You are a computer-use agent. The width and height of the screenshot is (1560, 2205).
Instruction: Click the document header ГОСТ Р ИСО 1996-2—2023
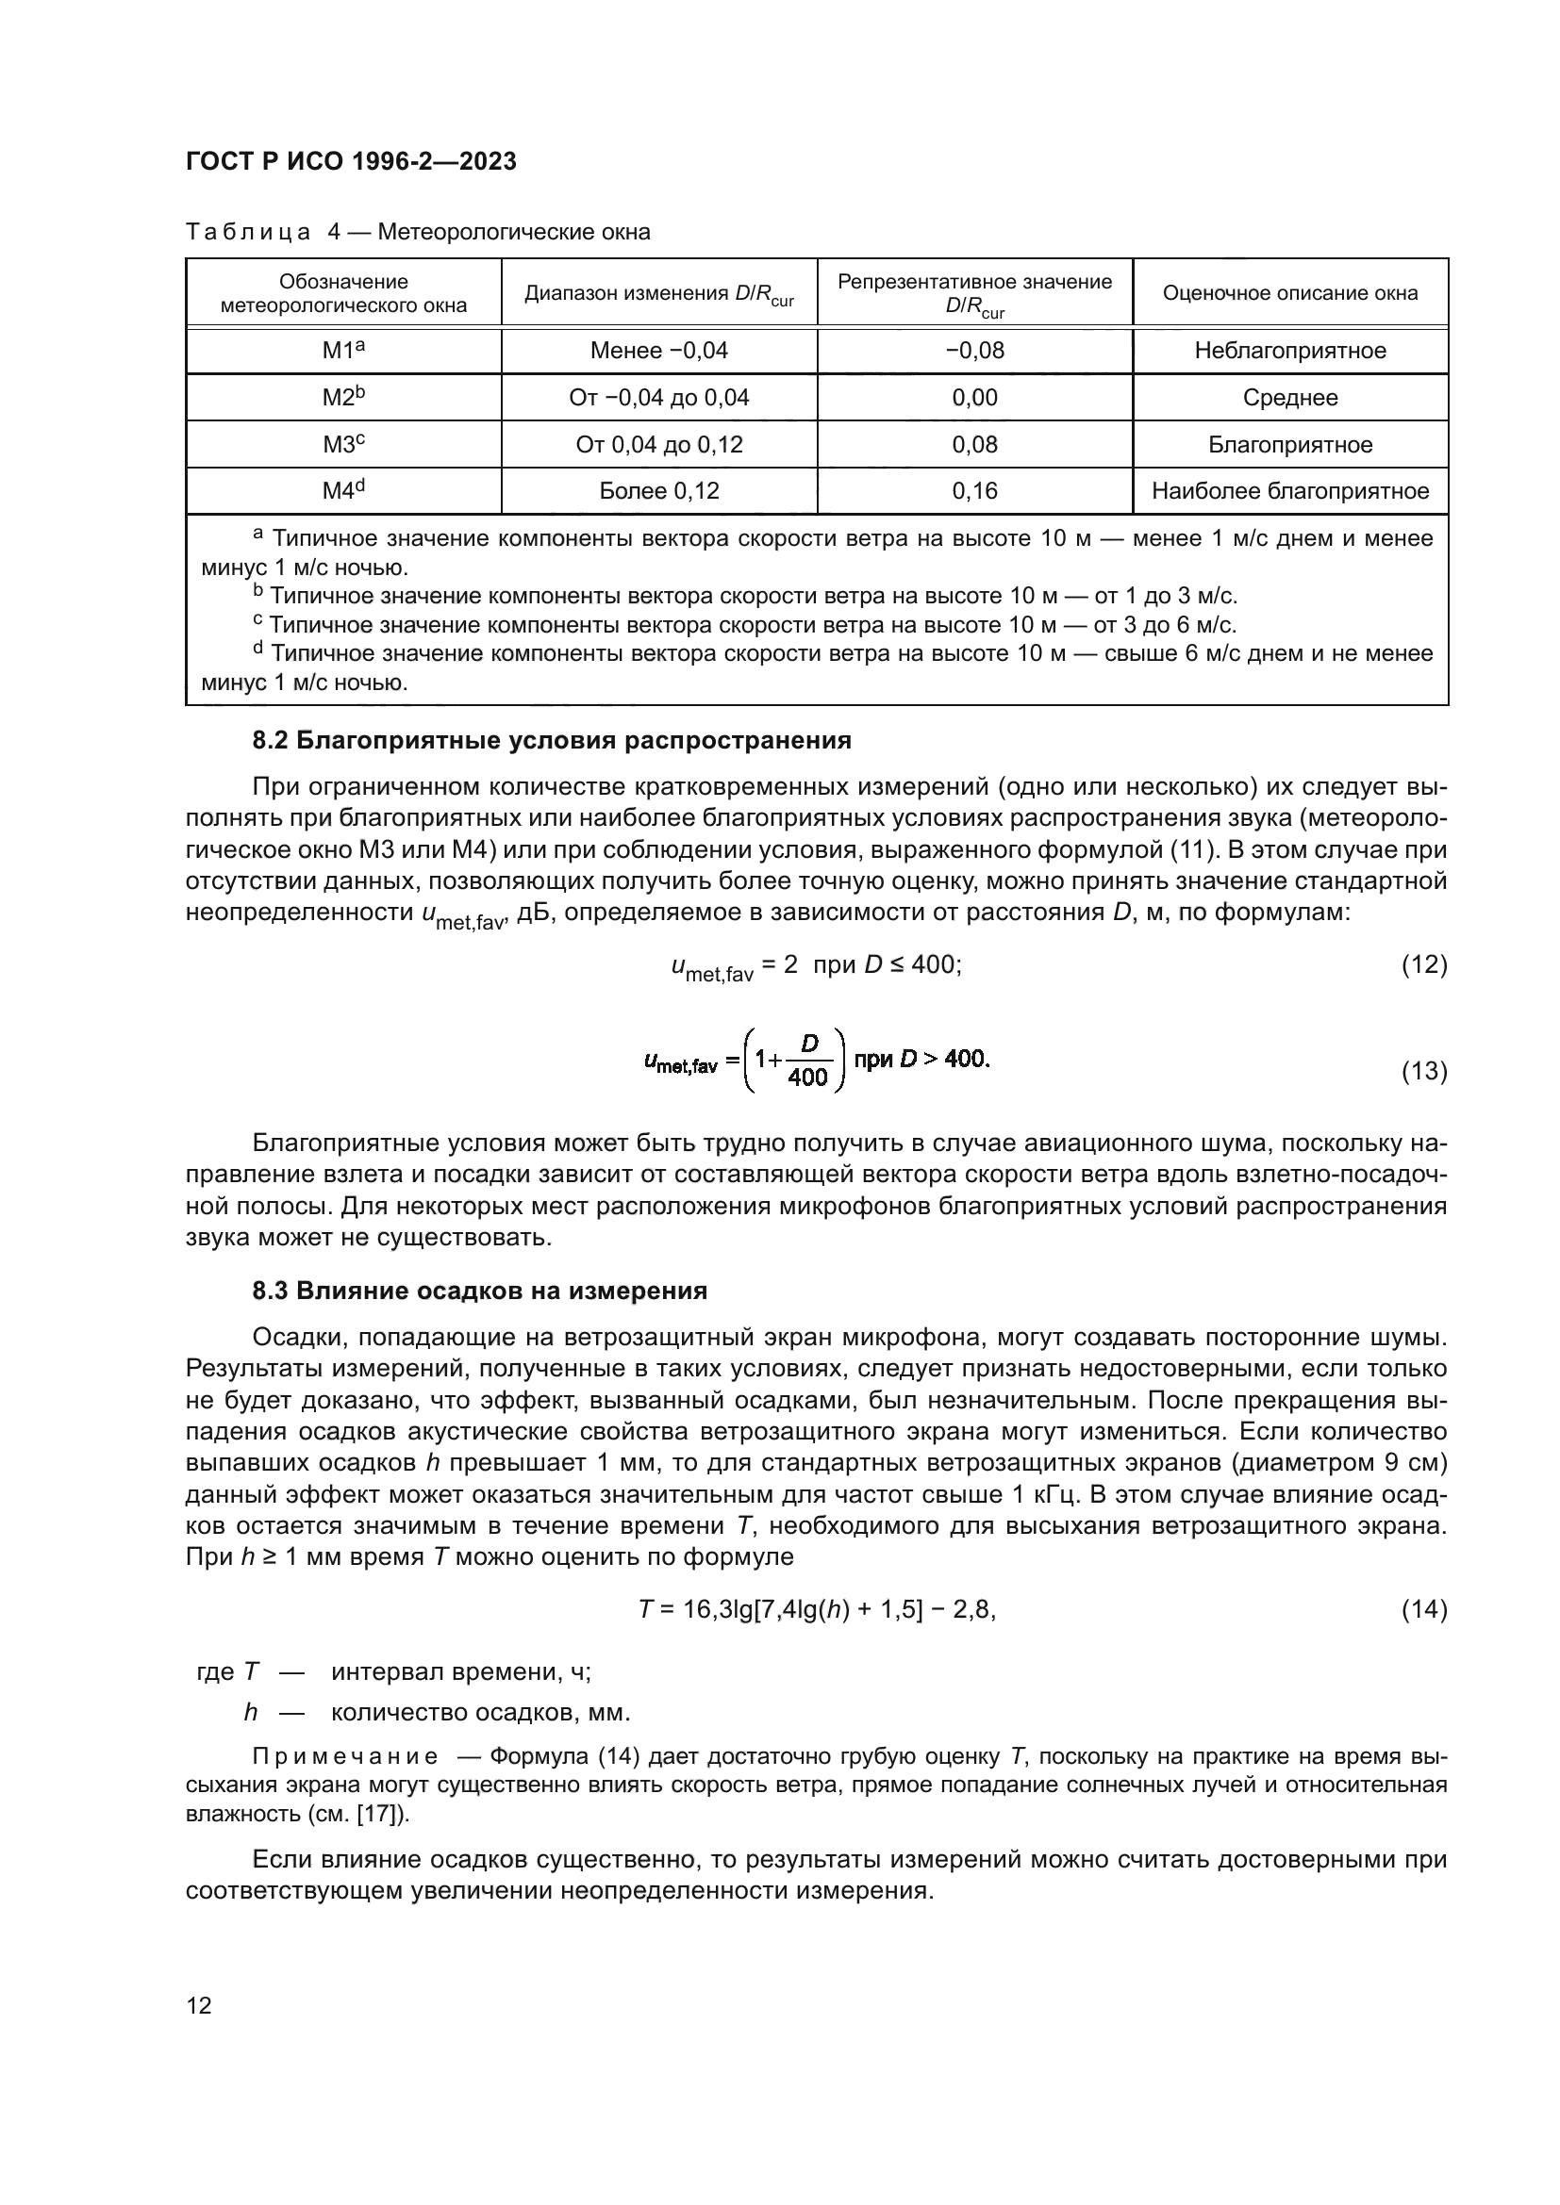[351, 161]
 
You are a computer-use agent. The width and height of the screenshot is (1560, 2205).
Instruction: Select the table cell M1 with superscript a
[343, 351]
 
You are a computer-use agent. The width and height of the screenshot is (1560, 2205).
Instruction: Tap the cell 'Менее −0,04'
[659, 351]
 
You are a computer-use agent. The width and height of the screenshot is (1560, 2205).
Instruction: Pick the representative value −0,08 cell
[974, 351]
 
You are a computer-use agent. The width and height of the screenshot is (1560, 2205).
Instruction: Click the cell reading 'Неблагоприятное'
[1289, 351]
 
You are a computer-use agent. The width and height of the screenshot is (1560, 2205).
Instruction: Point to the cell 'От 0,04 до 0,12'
[659, 445]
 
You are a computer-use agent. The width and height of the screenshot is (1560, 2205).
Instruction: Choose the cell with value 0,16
[974, 492]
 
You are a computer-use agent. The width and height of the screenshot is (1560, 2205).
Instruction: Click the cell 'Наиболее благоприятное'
[1289, 492]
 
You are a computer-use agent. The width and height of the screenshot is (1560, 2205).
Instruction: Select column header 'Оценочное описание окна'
[1289, 293]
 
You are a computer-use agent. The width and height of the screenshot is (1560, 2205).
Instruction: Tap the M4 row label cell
[343, 492]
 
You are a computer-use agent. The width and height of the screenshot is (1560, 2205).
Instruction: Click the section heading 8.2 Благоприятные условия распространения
[552, 740]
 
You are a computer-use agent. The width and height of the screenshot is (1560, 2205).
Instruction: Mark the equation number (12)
[1423, 964]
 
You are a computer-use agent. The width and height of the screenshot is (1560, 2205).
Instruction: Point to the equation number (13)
[1423, 1071]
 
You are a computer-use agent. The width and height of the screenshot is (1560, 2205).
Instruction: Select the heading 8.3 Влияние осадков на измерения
[479, 1291]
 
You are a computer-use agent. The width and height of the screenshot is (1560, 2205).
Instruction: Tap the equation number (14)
[1423, 1609]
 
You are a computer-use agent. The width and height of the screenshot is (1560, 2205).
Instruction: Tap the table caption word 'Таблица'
[248, 233]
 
